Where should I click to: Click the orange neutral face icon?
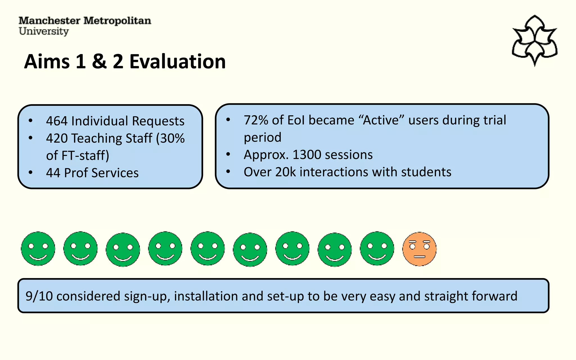(x=419, y=249)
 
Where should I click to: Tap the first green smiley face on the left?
(x=38, y=249)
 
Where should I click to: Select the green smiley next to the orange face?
(x=377, y=249)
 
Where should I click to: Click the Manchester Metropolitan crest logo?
(x=534, y=41)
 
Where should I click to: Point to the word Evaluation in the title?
(x=177, y=61)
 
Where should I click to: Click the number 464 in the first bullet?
(x=57, y=121)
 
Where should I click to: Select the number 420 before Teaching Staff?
(x=57, y=138)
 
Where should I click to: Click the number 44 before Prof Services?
(x=53, y=173)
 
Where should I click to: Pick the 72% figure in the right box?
(x=256, y=120)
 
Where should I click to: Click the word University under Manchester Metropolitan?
(x=44, y=31)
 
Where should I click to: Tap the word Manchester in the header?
(x=49, y=21)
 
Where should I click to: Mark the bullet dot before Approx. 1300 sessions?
(x=228, y=154)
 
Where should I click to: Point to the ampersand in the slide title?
(x=99, y=61)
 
